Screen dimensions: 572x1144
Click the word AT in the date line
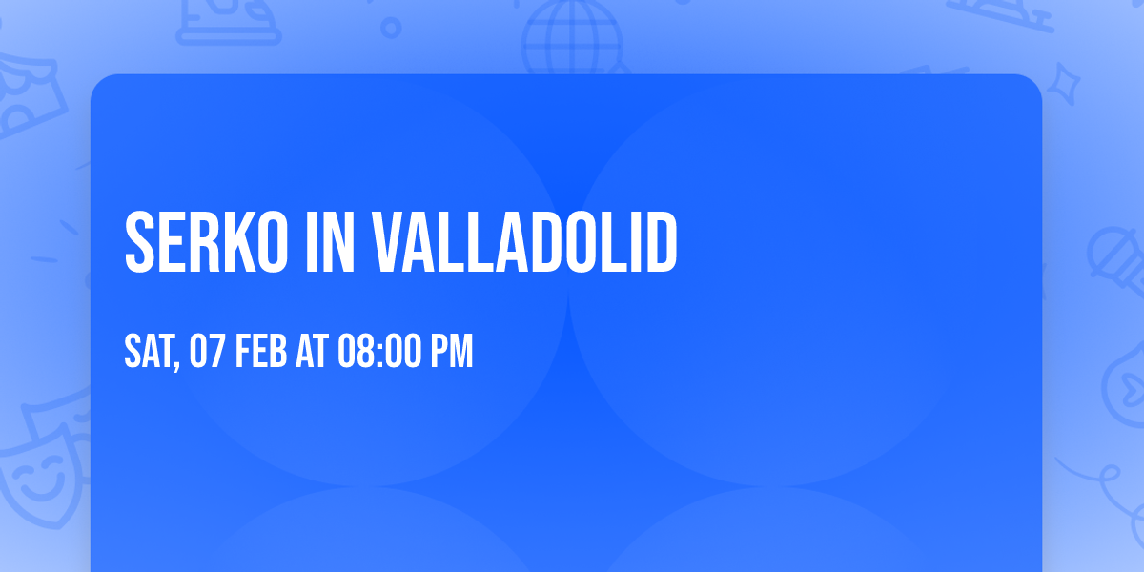tap(312, 352)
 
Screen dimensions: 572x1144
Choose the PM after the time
tap(451, 352)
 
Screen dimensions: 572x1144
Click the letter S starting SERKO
tap(140, 243)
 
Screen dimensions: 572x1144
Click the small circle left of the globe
tap(391, 28)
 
